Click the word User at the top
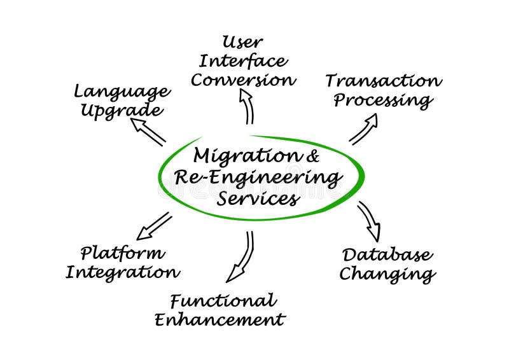242,43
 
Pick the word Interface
242,61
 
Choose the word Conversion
243,80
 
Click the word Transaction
383,81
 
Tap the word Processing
383,100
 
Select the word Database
387,255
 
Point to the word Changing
387,274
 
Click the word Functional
223,300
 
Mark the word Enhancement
220,319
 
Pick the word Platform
122,253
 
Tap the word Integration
122,272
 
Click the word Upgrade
121,110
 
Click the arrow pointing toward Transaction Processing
363,129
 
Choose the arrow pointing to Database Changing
370,221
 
